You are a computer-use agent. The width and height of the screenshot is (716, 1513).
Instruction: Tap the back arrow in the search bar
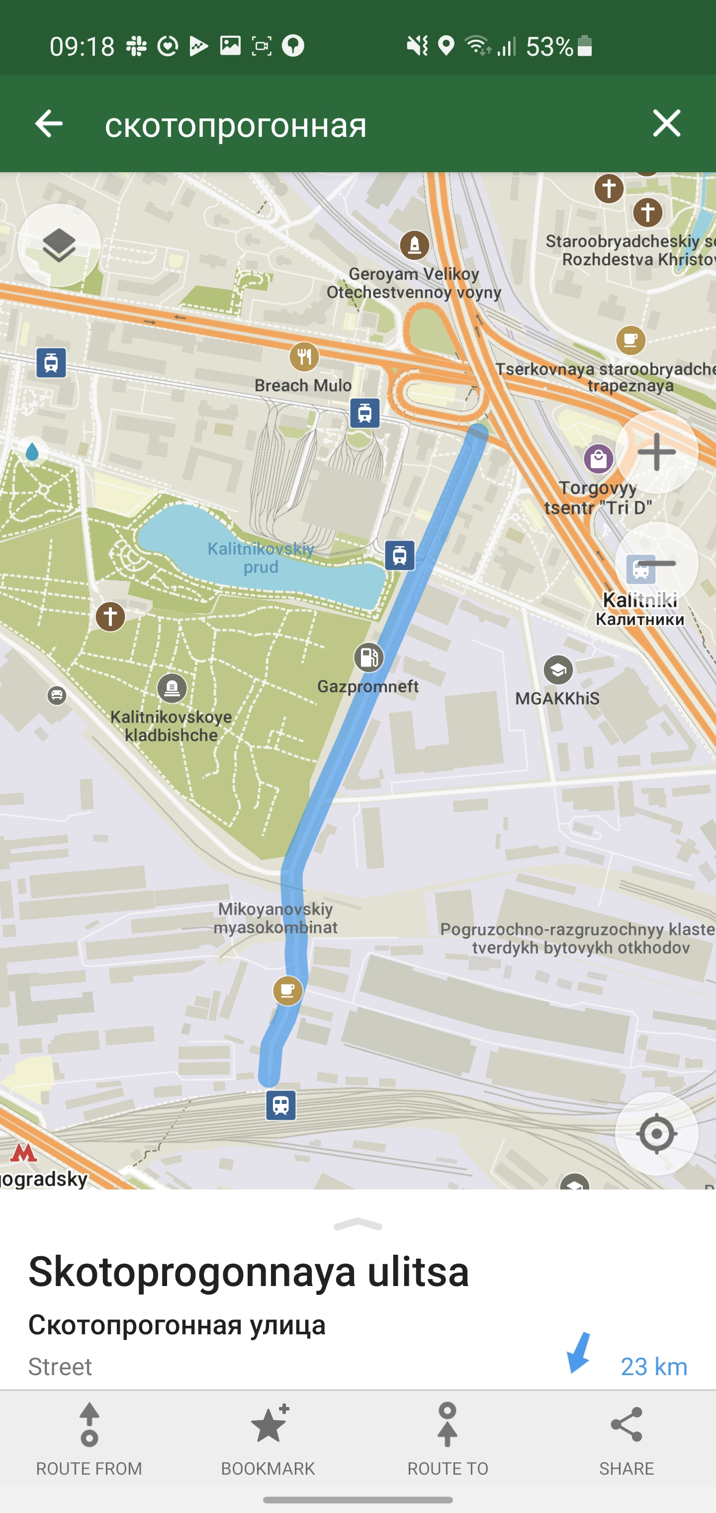point(49,124)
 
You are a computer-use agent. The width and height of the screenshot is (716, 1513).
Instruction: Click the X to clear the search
point(666,124)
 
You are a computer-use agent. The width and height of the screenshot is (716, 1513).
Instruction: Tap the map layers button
point(59,245)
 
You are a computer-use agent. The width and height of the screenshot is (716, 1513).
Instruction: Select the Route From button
point(89,1438)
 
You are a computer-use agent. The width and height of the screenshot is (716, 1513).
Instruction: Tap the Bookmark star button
point(268,1438)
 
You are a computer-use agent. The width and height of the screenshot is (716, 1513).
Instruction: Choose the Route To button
point(447,1438)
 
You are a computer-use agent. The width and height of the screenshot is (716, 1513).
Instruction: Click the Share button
point(626,1438)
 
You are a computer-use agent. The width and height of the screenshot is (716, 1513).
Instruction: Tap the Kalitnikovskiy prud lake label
point(261,558)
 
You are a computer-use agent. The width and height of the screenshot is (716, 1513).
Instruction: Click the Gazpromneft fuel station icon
point(368,657)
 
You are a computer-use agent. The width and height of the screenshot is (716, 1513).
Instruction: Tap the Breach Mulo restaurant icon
point(304,356)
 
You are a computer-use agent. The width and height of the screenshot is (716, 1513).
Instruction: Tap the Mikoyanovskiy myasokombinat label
point(275,918)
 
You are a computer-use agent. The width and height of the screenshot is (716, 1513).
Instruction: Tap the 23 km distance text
point(653,1367)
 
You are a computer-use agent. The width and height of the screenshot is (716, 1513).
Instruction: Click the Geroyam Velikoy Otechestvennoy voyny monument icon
point(414,245)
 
